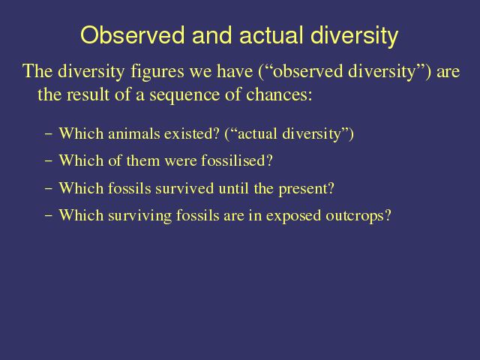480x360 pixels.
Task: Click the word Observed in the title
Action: click(133, 35)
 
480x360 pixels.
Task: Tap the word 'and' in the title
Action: click(211, 35)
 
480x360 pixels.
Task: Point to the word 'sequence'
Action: click(184, 95)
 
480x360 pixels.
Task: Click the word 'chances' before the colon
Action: click(277, 94)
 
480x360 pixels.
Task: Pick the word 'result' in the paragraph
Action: click(88, 94)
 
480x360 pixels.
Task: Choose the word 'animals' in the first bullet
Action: click(134, 133)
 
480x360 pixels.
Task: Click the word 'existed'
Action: click(192, 133)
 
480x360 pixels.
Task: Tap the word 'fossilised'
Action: click(233, 160)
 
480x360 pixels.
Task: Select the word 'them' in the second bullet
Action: click(143, 160)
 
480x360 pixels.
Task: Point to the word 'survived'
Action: click(184, 188)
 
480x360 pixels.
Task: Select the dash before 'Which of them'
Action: click(48, 160)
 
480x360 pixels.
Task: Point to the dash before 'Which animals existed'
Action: click(48, 133)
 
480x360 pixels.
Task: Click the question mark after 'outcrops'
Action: click(388, 215)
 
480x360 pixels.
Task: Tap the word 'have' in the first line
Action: click(235, 71)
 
